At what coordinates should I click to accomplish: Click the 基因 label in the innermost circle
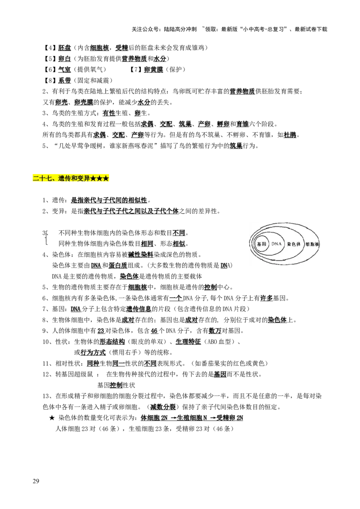coord(261,244)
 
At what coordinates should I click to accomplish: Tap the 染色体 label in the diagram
coord(293,244)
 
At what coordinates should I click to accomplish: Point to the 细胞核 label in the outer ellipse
coord(312,244)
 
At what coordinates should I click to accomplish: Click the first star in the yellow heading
coord(93,179)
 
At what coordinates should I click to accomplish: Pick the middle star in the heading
coord(99,179)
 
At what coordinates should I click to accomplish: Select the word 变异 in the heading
coord(83,179)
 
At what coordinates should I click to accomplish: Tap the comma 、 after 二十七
coord(54,180)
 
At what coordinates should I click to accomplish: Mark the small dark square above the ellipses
coord(288,221)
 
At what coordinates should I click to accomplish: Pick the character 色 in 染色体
coord(293,244)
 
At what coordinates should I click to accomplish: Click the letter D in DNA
coord(273,244)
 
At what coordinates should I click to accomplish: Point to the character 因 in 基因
coord(264,244)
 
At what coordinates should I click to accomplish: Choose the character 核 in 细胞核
coord(317,244)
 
